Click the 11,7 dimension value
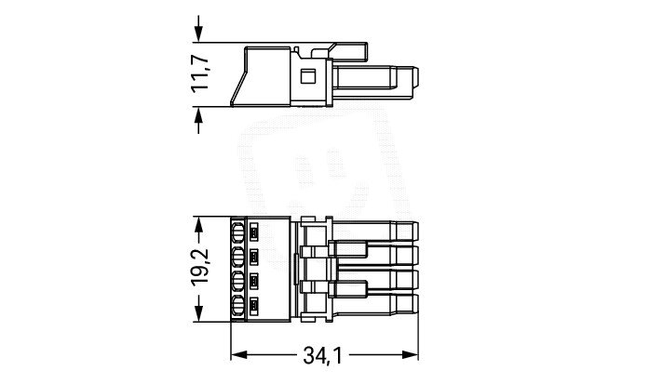pos(200,73)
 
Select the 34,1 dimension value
pos(323,355)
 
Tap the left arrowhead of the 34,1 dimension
pos(238,355)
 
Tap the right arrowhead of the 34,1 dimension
pos(411,355)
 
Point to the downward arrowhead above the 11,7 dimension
pos(198,33)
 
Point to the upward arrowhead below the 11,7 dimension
pos(198,115)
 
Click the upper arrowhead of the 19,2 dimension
pos(198,224)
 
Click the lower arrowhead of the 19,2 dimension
pos(198,313)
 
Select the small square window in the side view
pos(307,76)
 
